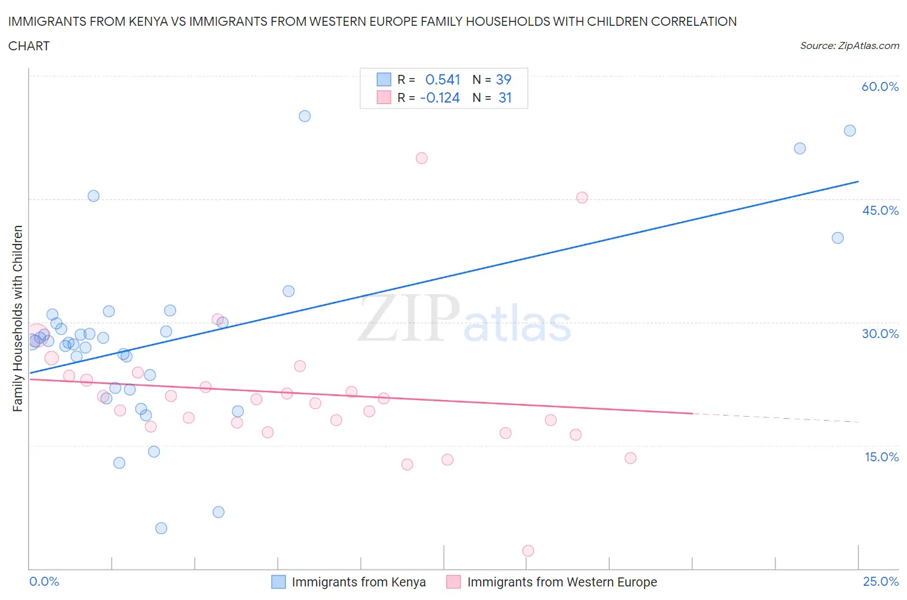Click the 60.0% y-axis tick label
[880, 86]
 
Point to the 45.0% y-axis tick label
[880, 210]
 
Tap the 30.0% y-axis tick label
[880, 334]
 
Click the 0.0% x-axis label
[44, 581]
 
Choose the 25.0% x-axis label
[881, 581]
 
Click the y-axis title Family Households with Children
[18, 318]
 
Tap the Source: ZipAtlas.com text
[849, 46]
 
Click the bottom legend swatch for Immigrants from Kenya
[278, 582]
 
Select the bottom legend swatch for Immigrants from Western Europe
[454, 582]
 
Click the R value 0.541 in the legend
[443, 79]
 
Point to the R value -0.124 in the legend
[440, 97]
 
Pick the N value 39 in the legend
[503, 79]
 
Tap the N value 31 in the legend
[504, 97]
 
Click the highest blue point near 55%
[304, 116]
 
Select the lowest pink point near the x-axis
[528, 551]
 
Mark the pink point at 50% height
[421, 158]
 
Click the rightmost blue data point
[850, 131]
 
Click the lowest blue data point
[161, 528]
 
